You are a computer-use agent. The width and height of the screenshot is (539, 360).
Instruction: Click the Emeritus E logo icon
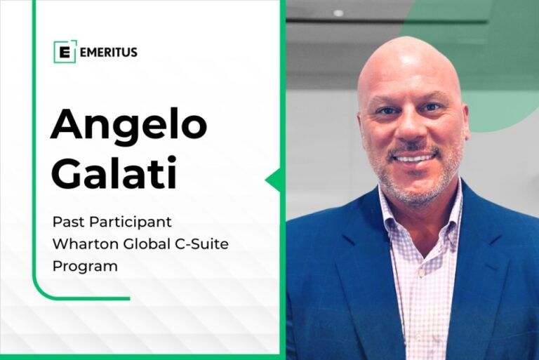[x=65, y=52]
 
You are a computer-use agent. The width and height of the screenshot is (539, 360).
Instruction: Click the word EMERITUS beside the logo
[x=109, y=52]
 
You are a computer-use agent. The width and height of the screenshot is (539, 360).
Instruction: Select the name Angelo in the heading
[x=128, y=125]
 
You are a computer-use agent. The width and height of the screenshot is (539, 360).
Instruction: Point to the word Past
[x=68, y=222]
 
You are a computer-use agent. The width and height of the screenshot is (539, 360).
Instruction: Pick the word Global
[x=143, y=244]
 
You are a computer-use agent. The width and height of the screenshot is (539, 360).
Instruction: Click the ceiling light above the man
[x=338, y=13]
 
